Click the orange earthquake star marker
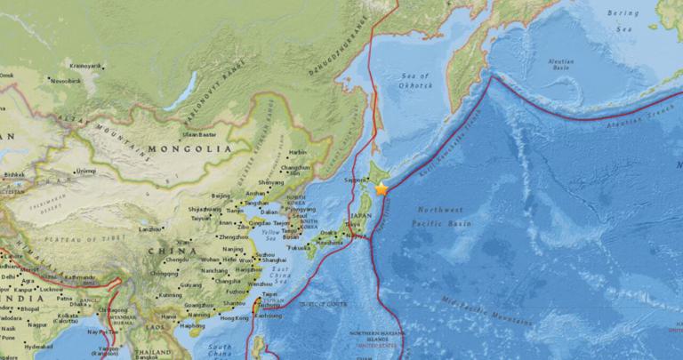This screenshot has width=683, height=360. tap(382, 188)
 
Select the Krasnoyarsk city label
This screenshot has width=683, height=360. tap(87, 66)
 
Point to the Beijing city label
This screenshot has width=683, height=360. tap(221, 194)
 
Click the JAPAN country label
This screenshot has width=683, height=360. tap(359, 216)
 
